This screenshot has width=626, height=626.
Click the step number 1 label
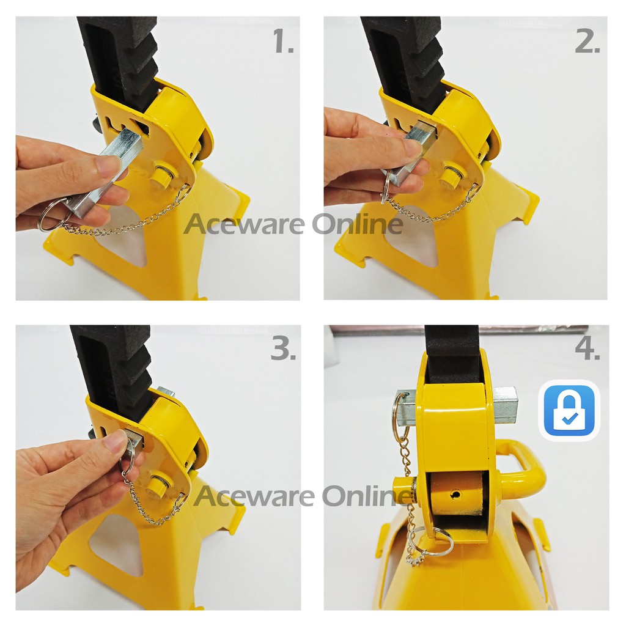[284, 42]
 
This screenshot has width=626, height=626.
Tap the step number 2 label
[587, 42]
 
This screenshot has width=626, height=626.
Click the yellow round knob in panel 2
[449, 175]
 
